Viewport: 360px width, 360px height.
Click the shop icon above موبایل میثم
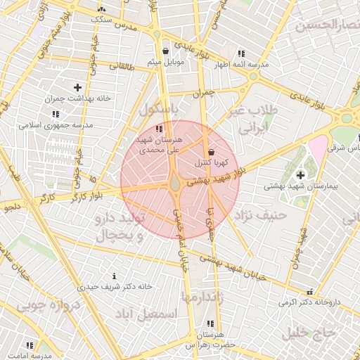coord(165,51)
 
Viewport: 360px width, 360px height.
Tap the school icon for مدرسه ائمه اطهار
coord(241,53)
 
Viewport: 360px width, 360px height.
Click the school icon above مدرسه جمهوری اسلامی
coord(55,114)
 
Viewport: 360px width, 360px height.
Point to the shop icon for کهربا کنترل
coord(211,152)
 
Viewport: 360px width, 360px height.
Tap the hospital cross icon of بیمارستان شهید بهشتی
coord(301,174)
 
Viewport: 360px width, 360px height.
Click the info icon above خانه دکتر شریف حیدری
coord(115,276)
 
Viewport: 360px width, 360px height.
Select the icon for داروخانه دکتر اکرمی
coord(309,292)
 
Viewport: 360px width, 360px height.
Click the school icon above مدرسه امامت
coord(30,345)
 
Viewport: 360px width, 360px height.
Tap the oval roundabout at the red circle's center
coord(174,184)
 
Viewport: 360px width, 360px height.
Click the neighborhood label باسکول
coord(160,111)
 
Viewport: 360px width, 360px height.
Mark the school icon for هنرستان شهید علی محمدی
coord(160,129)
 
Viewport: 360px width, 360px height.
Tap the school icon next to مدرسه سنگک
coord(103,9)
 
